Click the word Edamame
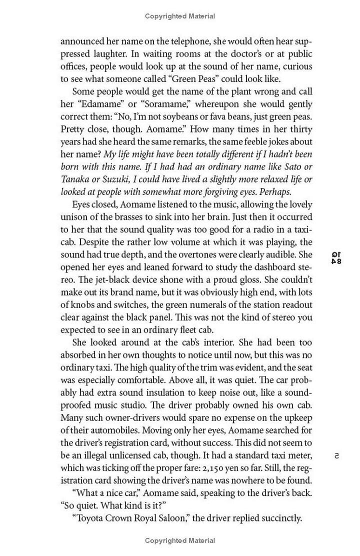click(98, 104)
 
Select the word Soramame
click(148, 104)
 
